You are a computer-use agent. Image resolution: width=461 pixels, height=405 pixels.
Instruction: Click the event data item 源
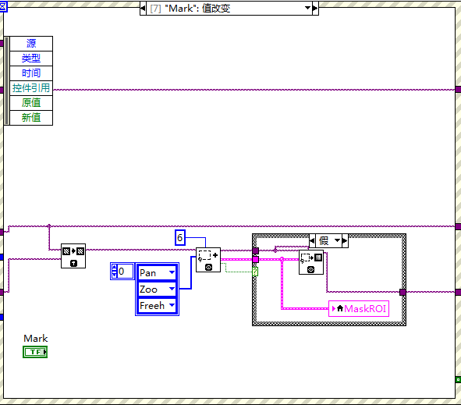31,43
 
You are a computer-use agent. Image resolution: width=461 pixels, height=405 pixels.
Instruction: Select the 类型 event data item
31,58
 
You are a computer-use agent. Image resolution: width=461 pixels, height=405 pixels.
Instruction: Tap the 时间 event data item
31,73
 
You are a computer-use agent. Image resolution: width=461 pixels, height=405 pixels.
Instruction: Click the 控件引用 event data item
31,87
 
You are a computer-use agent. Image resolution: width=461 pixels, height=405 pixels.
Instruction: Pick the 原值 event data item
31,102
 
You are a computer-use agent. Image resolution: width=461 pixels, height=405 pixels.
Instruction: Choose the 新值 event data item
31,117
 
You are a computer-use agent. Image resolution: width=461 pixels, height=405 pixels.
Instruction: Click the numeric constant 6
179,237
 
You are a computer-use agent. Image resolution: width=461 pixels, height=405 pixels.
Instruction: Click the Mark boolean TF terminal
35,352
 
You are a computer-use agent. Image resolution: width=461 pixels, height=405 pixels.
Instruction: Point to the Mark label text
35,338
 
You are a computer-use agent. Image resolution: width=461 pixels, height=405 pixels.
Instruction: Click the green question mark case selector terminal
255,271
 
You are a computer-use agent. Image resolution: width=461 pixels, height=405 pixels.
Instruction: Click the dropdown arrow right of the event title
307,8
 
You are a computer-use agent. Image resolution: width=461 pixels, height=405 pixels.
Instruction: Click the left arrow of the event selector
143,8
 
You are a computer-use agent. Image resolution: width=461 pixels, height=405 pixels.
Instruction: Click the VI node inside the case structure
310,261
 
